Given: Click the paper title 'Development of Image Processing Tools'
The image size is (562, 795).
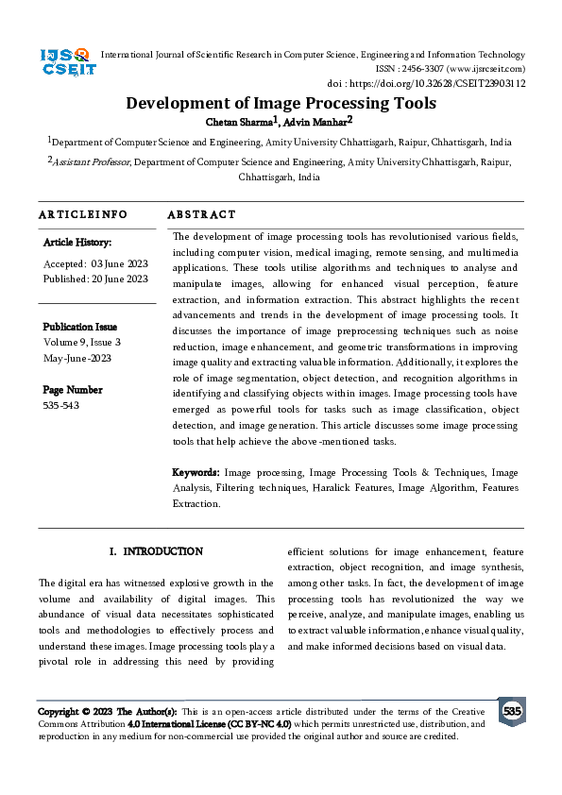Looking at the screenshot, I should [x=281, y=103].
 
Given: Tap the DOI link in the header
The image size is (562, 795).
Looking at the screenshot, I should [x=440, y=83].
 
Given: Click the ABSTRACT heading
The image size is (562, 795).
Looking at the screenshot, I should [x=201, y=215].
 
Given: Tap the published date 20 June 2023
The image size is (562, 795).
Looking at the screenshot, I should [x=119, y=279].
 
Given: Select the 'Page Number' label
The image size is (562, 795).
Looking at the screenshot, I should [x=73, y=390].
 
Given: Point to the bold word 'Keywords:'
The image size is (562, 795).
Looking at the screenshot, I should [x=196, y=471].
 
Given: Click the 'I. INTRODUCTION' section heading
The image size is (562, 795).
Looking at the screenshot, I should [x=156, y=551].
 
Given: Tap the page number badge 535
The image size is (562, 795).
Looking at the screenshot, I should [x=512, y=711].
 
